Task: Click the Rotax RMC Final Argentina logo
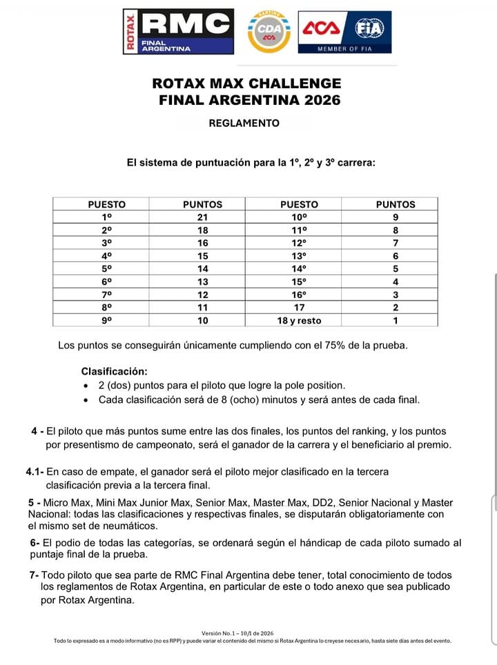178,31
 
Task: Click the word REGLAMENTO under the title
244,123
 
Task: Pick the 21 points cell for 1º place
202,217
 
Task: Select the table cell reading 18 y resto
299,320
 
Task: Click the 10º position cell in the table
299,217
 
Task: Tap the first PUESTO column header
107,204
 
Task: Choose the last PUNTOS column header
396,204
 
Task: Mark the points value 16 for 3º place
202,243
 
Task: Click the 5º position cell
107,268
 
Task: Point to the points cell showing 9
396,217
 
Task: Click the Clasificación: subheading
114,371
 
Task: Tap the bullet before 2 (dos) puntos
85,386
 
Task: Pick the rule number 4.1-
35,472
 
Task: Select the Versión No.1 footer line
238,633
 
